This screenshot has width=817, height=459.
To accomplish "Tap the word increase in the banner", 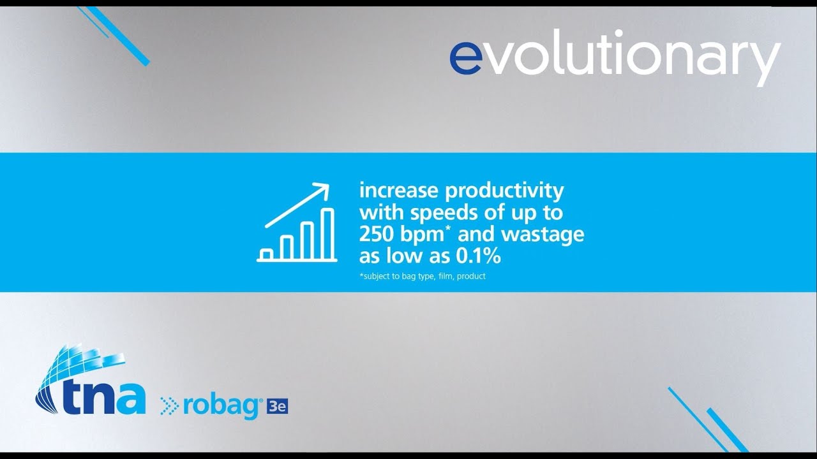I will [x=399, y=191].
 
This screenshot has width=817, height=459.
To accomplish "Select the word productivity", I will [x=504, y=191].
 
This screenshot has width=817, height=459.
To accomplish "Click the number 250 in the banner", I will [x=377, y=235].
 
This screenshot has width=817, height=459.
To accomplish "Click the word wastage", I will [x=543, y=235].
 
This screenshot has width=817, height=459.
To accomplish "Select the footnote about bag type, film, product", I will [x=423, y=276].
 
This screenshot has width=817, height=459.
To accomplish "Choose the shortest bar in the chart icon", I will [x=266, y=253].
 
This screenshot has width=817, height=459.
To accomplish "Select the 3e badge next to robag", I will [x=278, y=406].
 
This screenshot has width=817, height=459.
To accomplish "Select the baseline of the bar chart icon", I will [x=297, y=260].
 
